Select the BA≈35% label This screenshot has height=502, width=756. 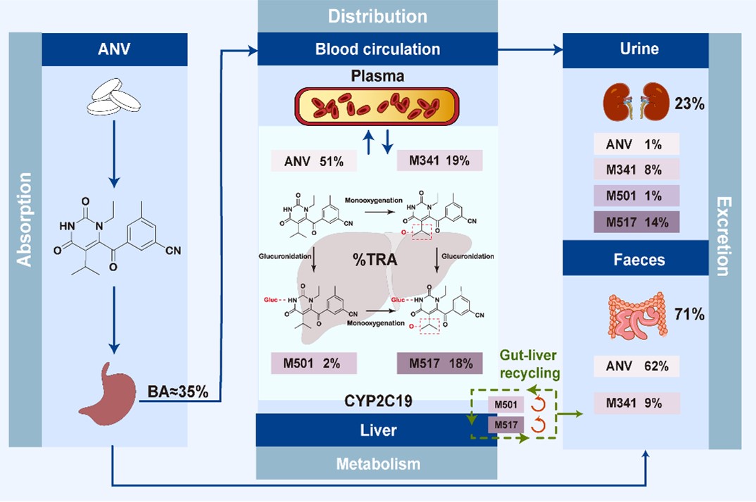[x=177, y=391]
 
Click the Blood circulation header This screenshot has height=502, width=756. [x=377, y=49]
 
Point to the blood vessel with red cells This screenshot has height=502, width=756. [x=377, y=107]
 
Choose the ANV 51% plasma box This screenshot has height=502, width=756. [x=313, y=161]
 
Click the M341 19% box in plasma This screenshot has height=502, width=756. [x=439, y=161]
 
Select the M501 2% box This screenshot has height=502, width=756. [x=313, y=363]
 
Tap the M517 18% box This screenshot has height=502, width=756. [x=439, y=363]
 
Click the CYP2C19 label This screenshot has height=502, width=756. [x=377, y=401]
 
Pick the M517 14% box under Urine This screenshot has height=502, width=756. [x=636, y=222]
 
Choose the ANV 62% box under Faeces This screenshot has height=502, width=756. [x=636, y=366]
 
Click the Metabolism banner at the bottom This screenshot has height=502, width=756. [x=377, y=464]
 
